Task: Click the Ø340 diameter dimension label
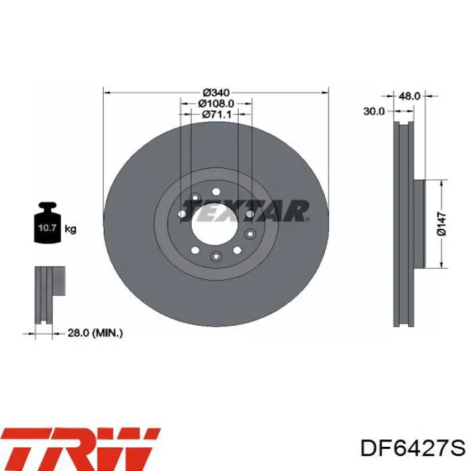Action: tap(216, 93)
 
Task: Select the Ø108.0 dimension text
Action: tap(216, 104)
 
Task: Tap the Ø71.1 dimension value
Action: tap(217, 114)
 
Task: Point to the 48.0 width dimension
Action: tap(409, 96)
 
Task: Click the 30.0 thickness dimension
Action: tap(373, 112)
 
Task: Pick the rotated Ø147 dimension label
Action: tap(442, 224)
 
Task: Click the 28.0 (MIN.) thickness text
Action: tap(95, 333)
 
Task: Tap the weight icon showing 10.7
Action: tap(48, 223)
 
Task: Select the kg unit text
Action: tap(71, 229)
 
